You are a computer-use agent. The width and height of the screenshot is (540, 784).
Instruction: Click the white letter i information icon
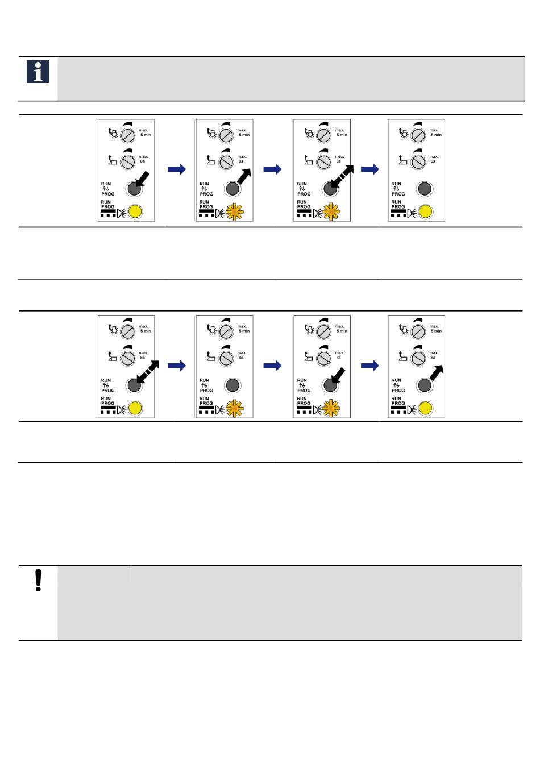[x=38, y=72]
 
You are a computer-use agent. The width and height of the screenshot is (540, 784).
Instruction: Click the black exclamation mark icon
[x=38, y=580]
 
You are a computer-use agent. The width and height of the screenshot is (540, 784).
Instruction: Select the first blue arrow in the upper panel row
[x=177, y=169]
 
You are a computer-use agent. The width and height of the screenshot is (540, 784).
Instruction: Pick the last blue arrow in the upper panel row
[x=370, y=169]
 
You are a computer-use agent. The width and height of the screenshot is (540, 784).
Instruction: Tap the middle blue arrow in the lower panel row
[x=273, y=366]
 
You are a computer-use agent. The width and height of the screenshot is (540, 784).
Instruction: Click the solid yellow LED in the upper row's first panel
[x=135, y=213]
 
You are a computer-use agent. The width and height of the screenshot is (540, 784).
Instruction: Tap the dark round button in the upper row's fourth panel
[x=423, y=189]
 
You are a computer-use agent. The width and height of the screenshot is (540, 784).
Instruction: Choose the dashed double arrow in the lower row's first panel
[x=147, y=374]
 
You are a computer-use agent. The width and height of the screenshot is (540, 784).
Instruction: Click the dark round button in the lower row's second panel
[x=231, y=385]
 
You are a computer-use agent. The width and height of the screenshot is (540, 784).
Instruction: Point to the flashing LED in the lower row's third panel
[x=331, y=409]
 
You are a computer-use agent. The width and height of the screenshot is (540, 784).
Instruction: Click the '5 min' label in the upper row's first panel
[x=146, y=135]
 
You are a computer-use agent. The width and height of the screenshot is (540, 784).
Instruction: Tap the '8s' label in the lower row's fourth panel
[x=433, y=358]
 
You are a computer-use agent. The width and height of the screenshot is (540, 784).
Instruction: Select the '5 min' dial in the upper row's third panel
[x=323, y=136]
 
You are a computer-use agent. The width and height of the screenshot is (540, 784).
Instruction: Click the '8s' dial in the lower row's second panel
[x=226, y=358]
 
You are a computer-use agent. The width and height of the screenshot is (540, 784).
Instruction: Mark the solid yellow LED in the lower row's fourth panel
[x=425, y=409]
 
